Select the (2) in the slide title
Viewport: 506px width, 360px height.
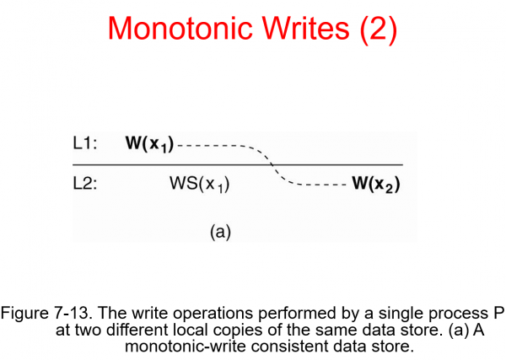click(374, 29)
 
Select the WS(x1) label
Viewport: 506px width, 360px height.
click(200, 185)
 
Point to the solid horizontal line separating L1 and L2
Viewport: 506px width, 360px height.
click(169, 164)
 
